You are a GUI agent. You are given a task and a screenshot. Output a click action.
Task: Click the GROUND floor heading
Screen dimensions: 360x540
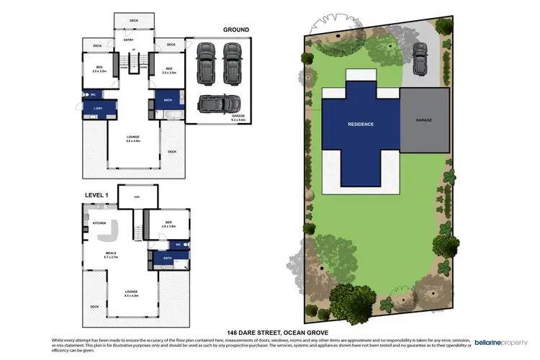pyautogui.click(x=235, y=30)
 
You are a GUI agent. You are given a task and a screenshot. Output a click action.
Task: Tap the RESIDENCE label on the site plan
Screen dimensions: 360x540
pyautogui.click(x=361, y=124)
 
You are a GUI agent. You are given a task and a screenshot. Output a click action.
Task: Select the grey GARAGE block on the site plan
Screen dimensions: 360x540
pyautogui.click(x=423, y=120)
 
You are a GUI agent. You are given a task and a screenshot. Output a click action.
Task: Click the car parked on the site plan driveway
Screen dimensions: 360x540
pyautogui.click(x=420, y=53)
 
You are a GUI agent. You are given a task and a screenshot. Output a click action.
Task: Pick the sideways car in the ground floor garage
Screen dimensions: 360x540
pyautogui.click(x=220, y=102)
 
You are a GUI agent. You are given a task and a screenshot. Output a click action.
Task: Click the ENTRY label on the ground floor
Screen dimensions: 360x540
pyautogui.click(x=129, y=40)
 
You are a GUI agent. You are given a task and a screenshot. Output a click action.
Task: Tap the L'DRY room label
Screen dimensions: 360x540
pyautogui.click(x=94, y=109)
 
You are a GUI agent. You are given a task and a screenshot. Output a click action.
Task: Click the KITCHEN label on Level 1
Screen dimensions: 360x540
pyautogui.click(x=99, y=223)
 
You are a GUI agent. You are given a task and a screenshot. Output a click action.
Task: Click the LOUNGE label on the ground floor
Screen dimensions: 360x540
pyautogui.click(x=132, y=137)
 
